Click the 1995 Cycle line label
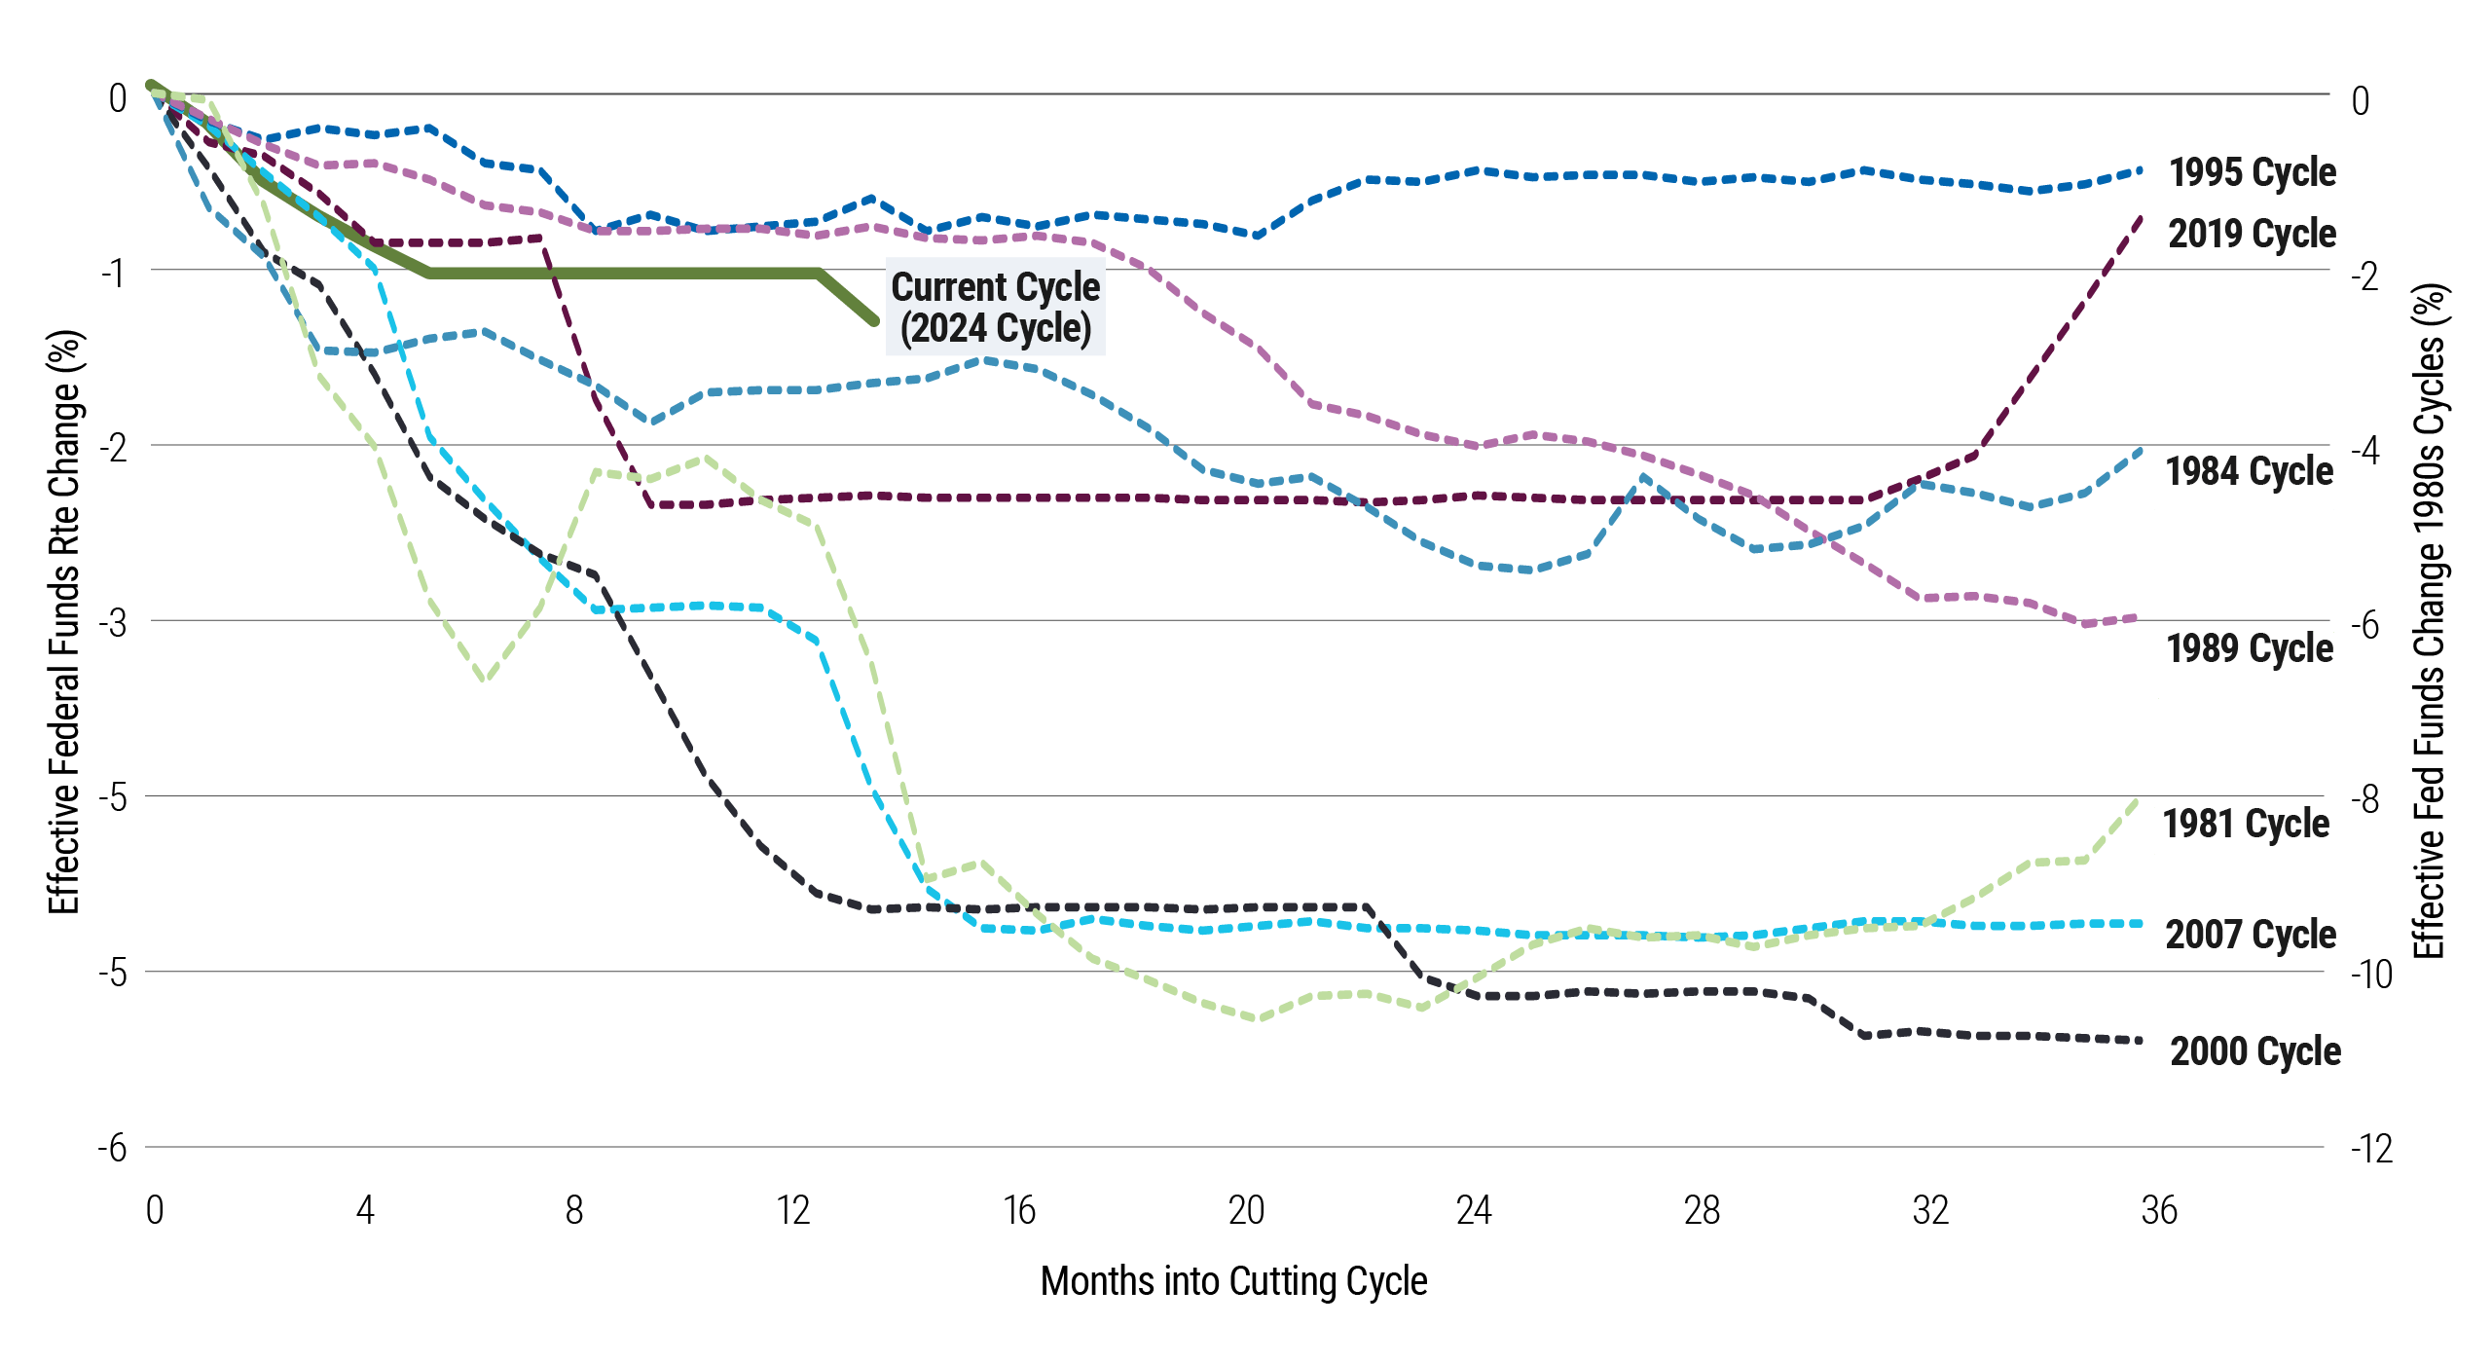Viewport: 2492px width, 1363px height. point(2252,172)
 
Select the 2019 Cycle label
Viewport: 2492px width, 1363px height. point(2252,234)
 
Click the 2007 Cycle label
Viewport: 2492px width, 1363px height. point(2251,935)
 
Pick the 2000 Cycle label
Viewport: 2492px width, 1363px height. point(2254,1051)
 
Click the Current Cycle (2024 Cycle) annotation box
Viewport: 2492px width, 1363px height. point(995,307)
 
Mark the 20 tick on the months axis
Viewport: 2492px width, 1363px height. point(1246,1210)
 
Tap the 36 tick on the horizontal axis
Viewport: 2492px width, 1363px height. point(2159,1210)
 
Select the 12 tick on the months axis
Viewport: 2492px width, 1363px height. point(793,1210)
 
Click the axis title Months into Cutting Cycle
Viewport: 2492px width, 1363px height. point(1233,1281)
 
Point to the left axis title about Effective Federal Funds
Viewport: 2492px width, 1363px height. point(65,623)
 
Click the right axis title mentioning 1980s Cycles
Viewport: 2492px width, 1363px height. point(2430,623)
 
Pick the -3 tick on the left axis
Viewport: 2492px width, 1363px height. point(114,622)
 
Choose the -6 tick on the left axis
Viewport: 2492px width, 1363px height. point(113,1148)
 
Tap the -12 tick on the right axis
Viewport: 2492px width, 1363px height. point(2371,1150)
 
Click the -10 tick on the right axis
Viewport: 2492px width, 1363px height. point(2371,974)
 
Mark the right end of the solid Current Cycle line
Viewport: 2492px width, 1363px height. point(875,320)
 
